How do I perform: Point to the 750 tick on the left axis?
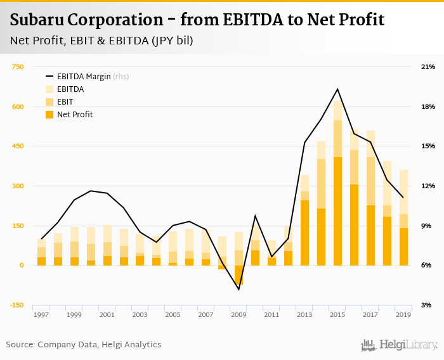pyautogui.click(x=18, y=67)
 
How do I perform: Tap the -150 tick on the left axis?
pyautogui.click(x=16, y=305)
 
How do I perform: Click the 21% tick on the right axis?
pyautogui.click(x=428, y=67)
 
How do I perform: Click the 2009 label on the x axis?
pyautogui.click(x=238, y=314)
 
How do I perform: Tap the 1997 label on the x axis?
pyautogui.click(x=41, y=314)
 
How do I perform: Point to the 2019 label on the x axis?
pyautogui.click(x=403, y=314)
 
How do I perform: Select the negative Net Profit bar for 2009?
pyautogui.click(x=238, y=275)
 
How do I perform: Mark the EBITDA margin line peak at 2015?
pyautogui.click(x=337, y=89)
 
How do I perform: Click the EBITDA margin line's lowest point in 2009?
pyautogui.click(x=238, y=290)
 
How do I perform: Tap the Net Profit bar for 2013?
pyautogui.click(x=304, y=233)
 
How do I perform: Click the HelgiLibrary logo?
pyautogui.click(x=400, y=345)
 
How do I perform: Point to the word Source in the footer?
pyautogui.click(x=20, y=345)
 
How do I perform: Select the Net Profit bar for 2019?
pyautogui.click(x=403, y=247)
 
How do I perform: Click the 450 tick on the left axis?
pyautogui.click(x=18, y=146)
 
